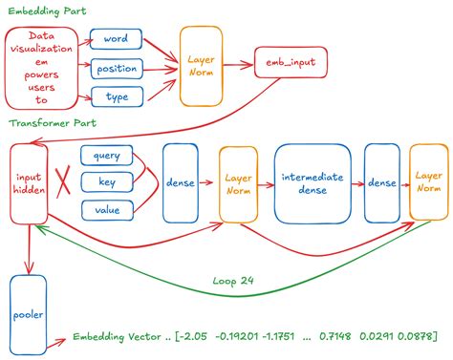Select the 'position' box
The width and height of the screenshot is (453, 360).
coord(117,68)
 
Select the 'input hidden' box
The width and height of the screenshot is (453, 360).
coord(29,183)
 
